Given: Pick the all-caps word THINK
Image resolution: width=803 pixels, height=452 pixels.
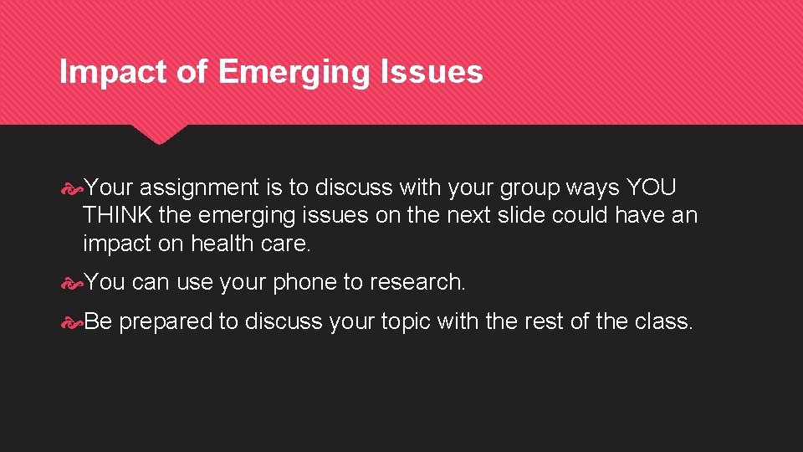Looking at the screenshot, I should coord(117,216).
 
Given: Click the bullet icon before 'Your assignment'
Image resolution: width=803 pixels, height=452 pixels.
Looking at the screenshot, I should coord(73,188).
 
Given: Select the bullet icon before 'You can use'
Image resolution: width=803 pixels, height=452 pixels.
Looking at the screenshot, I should coord(73,283).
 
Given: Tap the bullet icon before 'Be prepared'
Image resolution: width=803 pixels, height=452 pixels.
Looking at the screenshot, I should coord(73,322).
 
